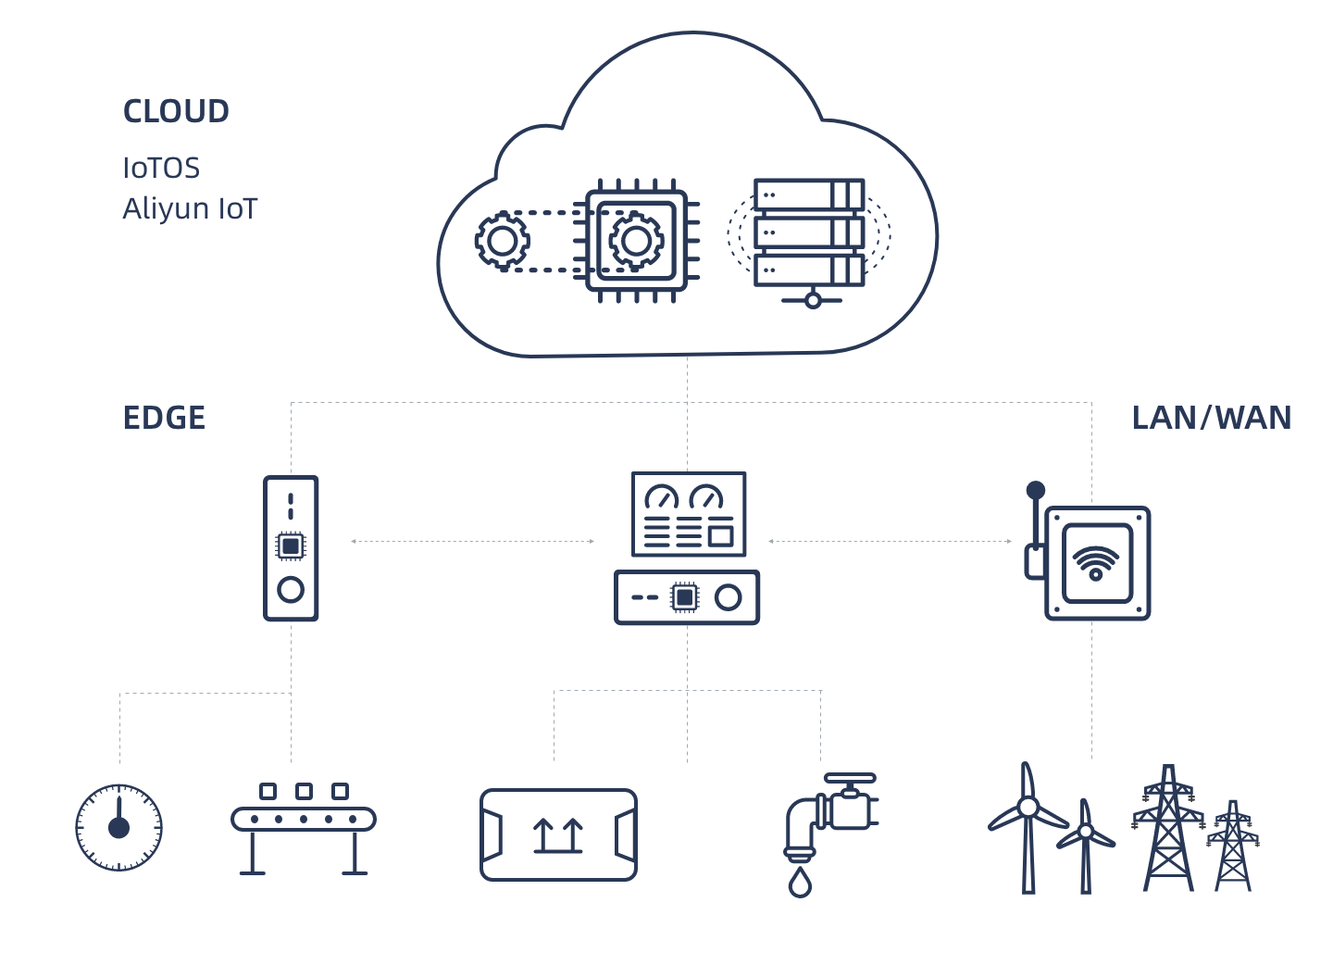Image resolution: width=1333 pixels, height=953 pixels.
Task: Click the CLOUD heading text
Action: (176, 111)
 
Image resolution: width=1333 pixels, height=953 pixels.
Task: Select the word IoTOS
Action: (161, 168)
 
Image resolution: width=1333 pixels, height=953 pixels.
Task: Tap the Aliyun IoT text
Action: (190, 208)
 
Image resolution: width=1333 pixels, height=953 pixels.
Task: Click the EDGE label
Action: (164, 418)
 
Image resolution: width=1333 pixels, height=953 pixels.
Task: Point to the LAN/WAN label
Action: (1211, 418)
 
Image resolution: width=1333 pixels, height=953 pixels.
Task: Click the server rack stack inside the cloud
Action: (809, 233)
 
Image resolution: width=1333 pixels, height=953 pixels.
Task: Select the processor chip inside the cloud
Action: (636, 241)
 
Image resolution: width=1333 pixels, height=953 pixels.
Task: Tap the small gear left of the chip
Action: (503, 241)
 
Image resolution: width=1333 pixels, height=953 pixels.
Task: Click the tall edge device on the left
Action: (291, 548)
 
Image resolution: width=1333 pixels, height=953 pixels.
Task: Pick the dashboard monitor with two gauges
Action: (689, 514)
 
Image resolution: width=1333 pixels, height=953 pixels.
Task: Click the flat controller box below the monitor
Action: (687, 597)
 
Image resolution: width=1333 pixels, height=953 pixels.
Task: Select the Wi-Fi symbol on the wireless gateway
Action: (1096, 561)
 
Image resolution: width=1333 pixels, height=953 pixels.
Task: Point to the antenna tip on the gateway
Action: (1036, 490)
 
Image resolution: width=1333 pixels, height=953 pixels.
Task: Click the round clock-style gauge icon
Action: (118, 827)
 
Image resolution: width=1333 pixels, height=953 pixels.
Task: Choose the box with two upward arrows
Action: (558, 834)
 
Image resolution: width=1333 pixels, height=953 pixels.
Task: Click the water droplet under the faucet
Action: (800, 884)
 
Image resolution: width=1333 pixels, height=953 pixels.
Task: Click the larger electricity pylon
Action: (1168, 829)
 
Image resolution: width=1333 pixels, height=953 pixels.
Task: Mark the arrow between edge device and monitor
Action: (472, 541)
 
